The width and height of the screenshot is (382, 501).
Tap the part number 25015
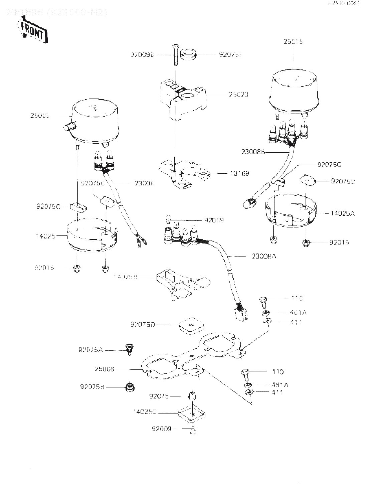point(294,42)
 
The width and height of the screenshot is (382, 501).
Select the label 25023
point(238,95)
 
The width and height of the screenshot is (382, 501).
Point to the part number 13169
point(239,173)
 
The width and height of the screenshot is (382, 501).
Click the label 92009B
point(142,55)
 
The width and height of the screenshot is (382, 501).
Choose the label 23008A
point(263,256)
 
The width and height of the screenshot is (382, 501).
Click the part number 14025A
point(342,213)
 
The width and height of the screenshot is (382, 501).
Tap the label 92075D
point(143,324)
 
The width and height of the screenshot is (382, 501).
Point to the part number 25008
point(104,369)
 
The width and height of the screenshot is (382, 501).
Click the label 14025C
point(145,411)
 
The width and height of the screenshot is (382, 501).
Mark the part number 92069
point(214,220)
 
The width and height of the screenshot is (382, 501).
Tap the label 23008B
point(253,152)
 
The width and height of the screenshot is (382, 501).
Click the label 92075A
point(91,350)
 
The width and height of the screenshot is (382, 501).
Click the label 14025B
point(125,277)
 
